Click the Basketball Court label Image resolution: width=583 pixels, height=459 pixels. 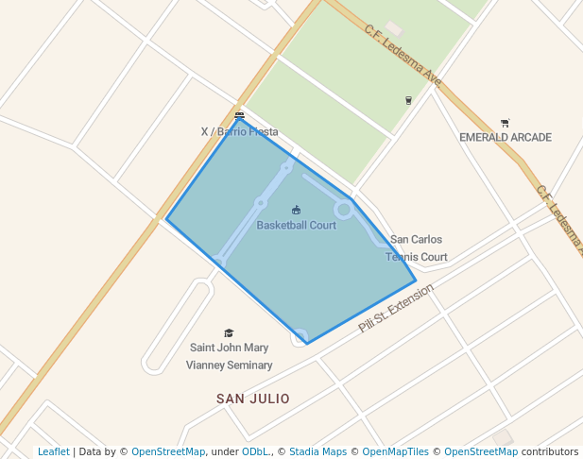click(x=296, y=226)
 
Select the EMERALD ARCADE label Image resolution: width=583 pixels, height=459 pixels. click(x=505, y=137)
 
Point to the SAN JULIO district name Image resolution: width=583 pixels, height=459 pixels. click(x=253, y=399)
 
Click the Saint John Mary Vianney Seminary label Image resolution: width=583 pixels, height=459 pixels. click(x=229, y=356)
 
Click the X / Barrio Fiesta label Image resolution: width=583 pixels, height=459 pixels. click(x=240, y=132)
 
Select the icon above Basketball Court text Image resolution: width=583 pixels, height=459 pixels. click(x=296, y=210)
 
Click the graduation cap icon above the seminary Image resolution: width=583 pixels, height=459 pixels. click(x=229, y=332)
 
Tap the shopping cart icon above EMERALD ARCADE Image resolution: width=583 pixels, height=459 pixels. click(x=505, y=123)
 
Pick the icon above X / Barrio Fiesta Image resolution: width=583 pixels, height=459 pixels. click(x=239, y=116)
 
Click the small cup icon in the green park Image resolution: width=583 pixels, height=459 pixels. click(x=408, y=99)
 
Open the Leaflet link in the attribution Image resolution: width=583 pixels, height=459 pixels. click(x=53, y=451)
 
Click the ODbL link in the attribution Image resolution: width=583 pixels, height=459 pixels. click(x=254, y=451)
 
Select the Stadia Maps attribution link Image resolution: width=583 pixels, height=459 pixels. click(x=317, y=451)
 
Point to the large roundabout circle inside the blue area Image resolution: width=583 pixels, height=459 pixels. click(x=345, y=209)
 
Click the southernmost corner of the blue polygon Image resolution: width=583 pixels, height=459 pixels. click(x=307, y=344)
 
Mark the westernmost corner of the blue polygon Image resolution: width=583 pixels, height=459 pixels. click(x=166, y=219)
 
